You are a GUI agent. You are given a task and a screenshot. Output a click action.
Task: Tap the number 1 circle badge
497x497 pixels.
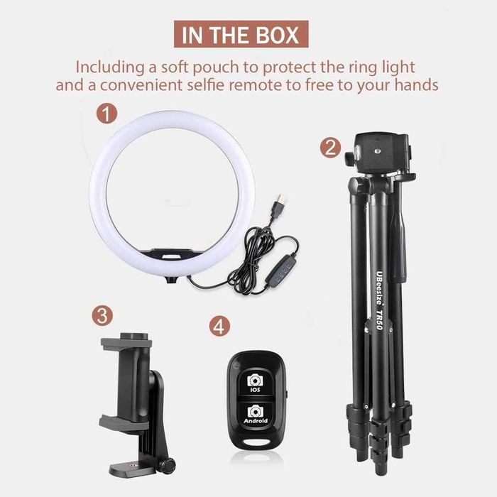(106, 114)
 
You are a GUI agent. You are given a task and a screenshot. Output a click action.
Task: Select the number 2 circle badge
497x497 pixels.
(329, 148)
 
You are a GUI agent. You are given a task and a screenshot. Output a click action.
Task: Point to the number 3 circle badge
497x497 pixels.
(103, 314)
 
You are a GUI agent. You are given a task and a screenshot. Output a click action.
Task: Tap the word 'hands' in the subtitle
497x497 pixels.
(418, 85)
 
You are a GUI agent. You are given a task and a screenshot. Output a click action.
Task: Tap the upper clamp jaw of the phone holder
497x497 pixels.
(126, 343)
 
